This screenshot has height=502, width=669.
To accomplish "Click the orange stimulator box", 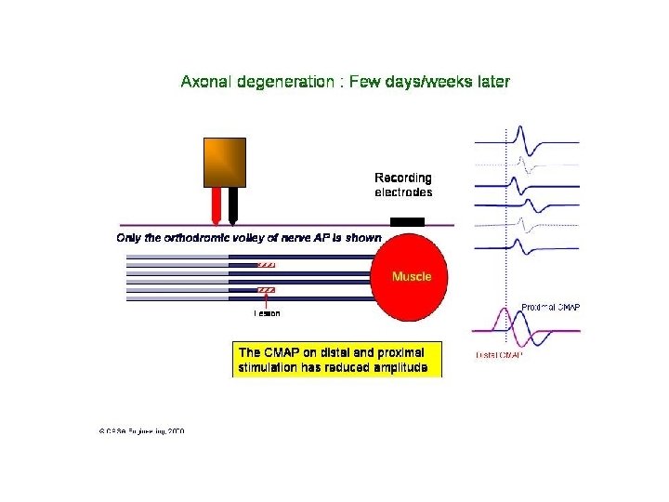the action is click(225, 163).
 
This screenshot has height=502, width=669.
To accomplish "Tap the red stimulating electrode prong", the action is click(216, 205).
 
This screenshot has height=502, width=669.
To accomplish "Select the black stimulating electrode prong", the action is click(232, 205).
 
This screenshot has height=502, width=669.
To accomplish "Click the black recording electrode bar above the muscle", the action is click(407, 221).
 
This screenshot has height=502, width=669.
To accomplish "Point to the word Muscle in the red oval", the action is click(412, 276).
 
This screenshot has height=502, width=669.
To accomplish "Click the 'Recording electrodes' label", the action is click(403, 185).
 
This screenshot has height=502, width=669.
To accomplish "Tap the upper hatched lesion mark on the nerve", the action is click(267, 264).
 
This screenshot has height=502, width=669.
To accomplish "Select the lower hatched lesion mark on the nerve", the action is click(267, 291).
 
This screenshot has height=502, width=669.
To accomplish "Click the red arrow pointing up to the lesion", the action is click(267, 301).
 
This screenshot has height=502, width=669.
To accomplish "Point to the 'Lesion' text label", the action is click(267, 313).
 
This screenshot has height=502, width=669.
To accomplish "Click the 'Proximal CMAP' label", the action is click(551, 307).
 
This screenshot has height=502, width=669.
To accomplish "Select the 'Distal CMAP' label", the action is click(500, 355).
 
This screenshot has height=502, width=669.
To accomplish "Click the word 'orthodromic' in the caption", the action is click(201, 238).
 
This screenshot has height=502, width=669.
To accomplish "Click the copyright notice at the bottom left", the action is click(141, 431).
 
